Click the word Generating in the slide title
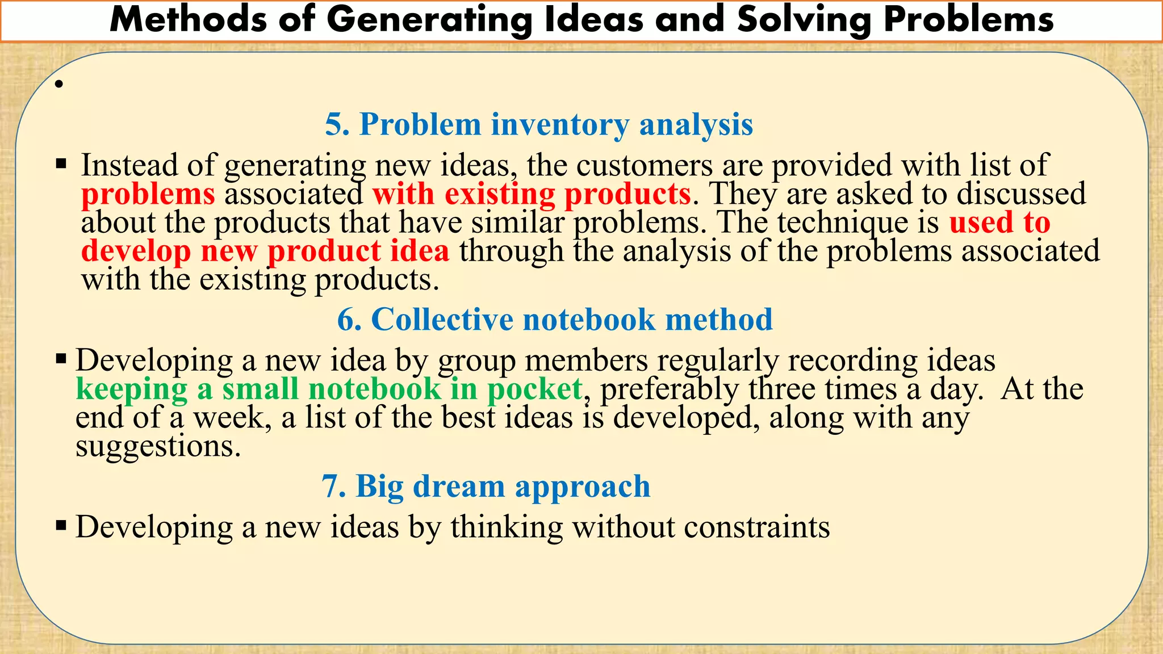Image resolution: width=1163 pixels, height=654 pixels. pyautogui.click(x=429, y=20)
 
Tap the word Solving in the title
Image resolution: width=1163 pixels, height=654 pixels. pyautogui.click(x=804, y=20)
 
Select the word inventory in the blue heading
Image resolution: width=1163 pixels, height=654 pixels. pyautogui.click(x=559, y=124)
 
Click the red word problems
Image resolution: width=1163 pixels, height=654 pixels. pyautogui.click(x=148, y=194)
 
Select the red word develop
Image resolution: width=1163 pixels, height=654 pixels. pyautogui.click(x=136, y=251)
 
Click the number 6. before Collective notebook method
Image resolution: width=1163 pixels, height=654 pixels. pyautogui.click(x=349, y=320)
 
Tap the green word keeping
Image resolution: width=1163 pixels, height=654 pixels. pyautogui.click(x=131, y=389)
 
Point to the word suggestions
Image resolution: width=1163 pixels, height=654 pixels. pyautogui.click(x=158, y=447)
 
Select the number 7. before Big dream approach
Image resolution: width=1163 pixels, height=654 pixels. pyautogui.click(x=334, y=487)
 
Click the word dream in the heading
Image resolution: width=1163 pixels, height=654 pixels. pyautogui.click(x=458, y=487)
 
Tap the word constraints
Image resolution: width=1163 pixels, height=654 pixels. pyautogui.click(x=756, y=527)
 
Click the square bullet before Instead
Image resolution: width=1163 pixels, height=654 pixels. pyautogui.click(x=61, y=165)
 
